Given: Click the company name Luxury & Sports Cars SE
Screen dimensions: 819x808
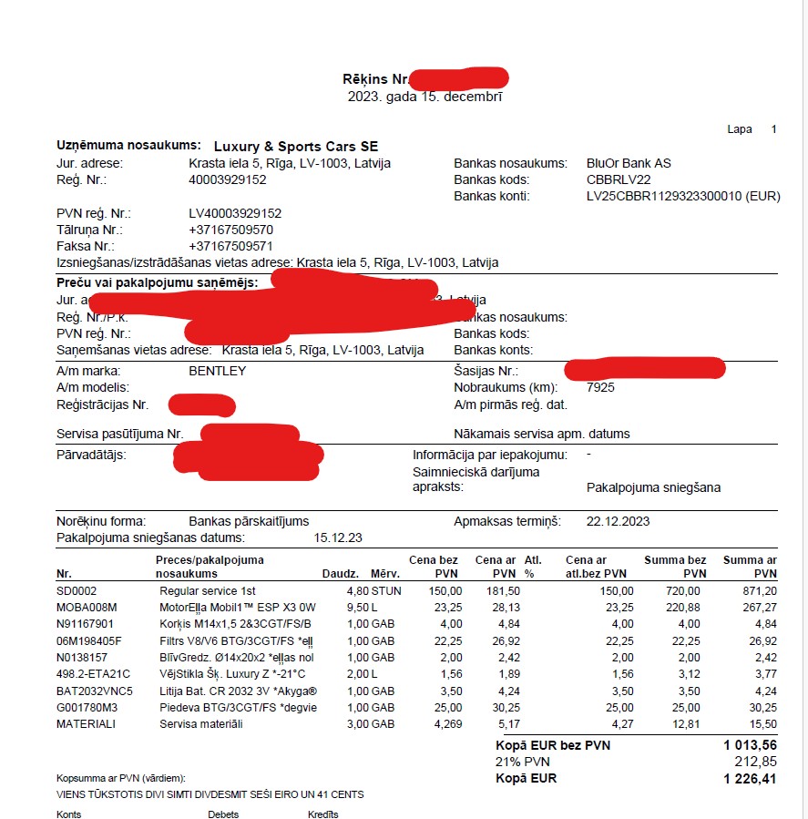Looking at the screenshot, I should coord(295,147).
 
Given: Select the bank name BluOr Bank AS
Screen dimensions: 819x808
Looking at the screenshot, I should coord(629,163).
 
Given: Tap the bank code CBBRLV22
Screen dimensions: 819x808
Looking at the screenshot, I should coord(619,179).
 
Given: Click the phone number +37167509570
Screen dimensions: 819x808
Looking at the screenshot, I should coord(230,230).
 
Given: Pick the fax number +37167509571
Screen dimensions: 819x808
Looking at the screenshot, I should coord(230,246).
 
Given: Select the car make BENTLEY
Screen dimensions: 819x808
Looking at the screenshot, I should coord(217,371).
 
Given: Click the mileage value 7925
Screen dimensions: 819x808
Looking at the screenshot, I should coord(601,387).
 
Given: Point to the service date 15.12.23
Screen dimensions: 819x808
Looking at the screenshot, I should coord(338,537).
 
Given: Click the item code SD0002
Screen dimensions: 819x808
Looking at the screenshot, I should coord(77,591).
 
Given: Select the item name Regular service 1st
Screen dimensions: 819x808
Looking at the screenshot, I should coord(208,591).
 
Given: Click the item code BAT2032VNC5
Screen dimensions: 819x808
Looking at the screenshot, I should coord(94,691).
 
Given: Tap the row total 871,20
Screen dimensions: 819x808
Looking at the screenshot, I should coord(757,591).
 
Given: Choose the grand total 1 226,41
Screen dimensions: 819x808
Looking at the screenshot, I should coord(750,778).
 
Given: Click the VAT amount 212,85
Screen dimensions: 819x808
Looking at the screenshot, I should coord(755,762).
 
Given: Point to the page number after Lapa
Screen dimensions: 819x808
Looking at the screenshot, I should coord(773,129).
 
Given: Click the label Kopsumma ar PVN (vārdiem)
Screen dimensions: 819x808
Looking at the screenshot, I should coord(120,778).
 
